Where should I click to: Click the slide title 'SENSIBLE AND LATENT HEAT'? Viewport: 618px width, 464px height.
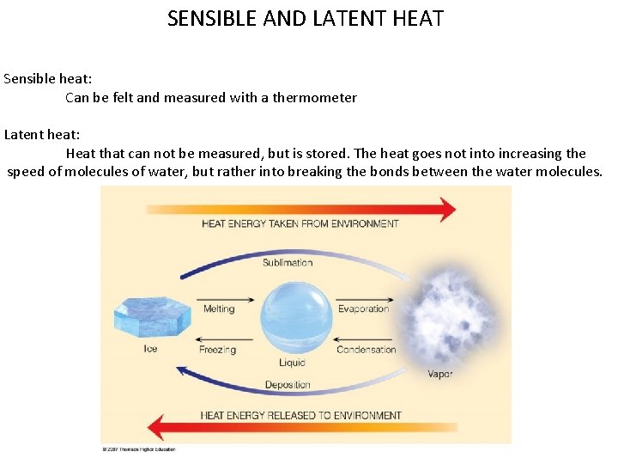coord(306,19)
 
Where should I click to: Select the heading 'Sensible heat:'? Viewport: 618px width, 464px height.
coord(48,78)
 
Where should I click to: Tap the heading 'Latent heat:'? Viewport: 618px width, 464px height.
coord(42,134)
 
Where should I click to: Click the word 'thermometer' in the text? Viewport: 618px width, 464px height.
coord(314,98)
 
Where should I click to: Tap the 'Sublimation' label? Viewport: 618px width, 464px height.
coord(288,262)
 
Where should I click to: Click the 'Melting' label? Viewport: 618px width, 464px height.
coord(219,309)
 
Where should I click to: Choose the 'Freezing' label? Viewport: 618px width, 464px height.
coord(217,351)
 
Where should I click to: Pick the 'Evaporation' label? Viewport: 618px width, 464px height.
coord(363,309)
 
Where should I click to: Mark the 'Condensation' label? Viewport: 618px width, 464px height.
coord(367,350)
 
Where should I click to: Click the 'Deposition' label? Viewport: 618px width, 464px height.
coord(288,385)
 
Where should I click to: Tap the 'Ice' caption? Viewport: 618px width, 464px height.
coord(150,349)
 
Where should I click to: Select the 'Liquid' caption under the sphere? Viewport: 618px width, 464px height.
coord(291,363)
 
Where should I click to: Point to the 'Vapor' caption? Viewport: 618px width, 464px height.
coord(440,374)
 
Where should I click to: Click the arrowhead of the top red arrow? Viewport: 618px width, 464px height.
coord(445,209)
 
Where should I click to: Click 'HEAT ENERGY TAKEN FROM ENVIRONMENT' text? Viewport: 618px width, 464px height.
coord(300,224)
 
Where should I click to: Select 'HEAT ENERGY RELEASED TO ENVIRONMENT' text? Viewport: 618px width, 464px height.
coord(301,416)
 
